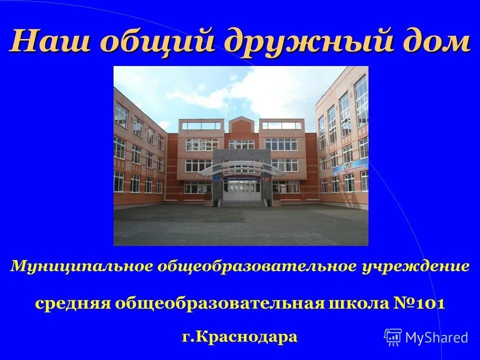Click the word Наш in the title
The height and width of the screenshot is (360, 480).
pyautogui.click(x=50, y=41)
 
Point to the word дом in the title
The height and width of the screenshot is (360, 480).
pyautogui.click(x=435, y=41)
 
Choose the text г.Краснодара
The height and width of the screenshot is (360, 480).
pyautogui.click(x=240, y=336)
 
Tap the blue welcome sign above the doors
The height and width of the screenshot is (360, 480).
pyautogui.click(x=241, y=177)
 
